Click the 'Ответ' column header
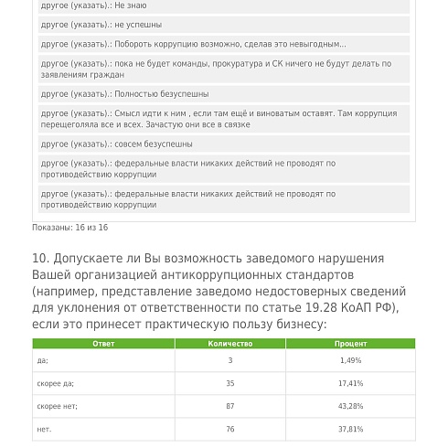[x=103, y=344]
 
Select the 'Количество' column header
[x=229, y=344]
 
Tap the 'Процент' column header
[x=350, y=344]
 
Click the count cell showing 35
[x=229, y=384]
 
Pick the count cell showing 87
[x=229, y=406]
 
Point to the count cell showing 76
[x=229, y=429]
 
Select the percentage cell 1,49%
[x=350, y=361]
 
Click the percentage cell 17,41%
[x=350, y=384]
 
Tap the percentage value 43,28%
[x=350, y=406]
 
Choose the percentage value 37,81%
[x=350, y=429]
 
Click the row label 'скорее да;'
[x=56, y=384]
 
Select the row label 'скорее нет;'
[x=58, y=406]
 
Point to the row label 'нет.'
[x=44, y=429]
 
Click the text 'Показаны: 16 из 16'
[x=69, y=228]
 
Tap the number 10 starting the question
[x=39, y=259]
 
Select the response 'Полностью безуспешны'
[x=162, y=94]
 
